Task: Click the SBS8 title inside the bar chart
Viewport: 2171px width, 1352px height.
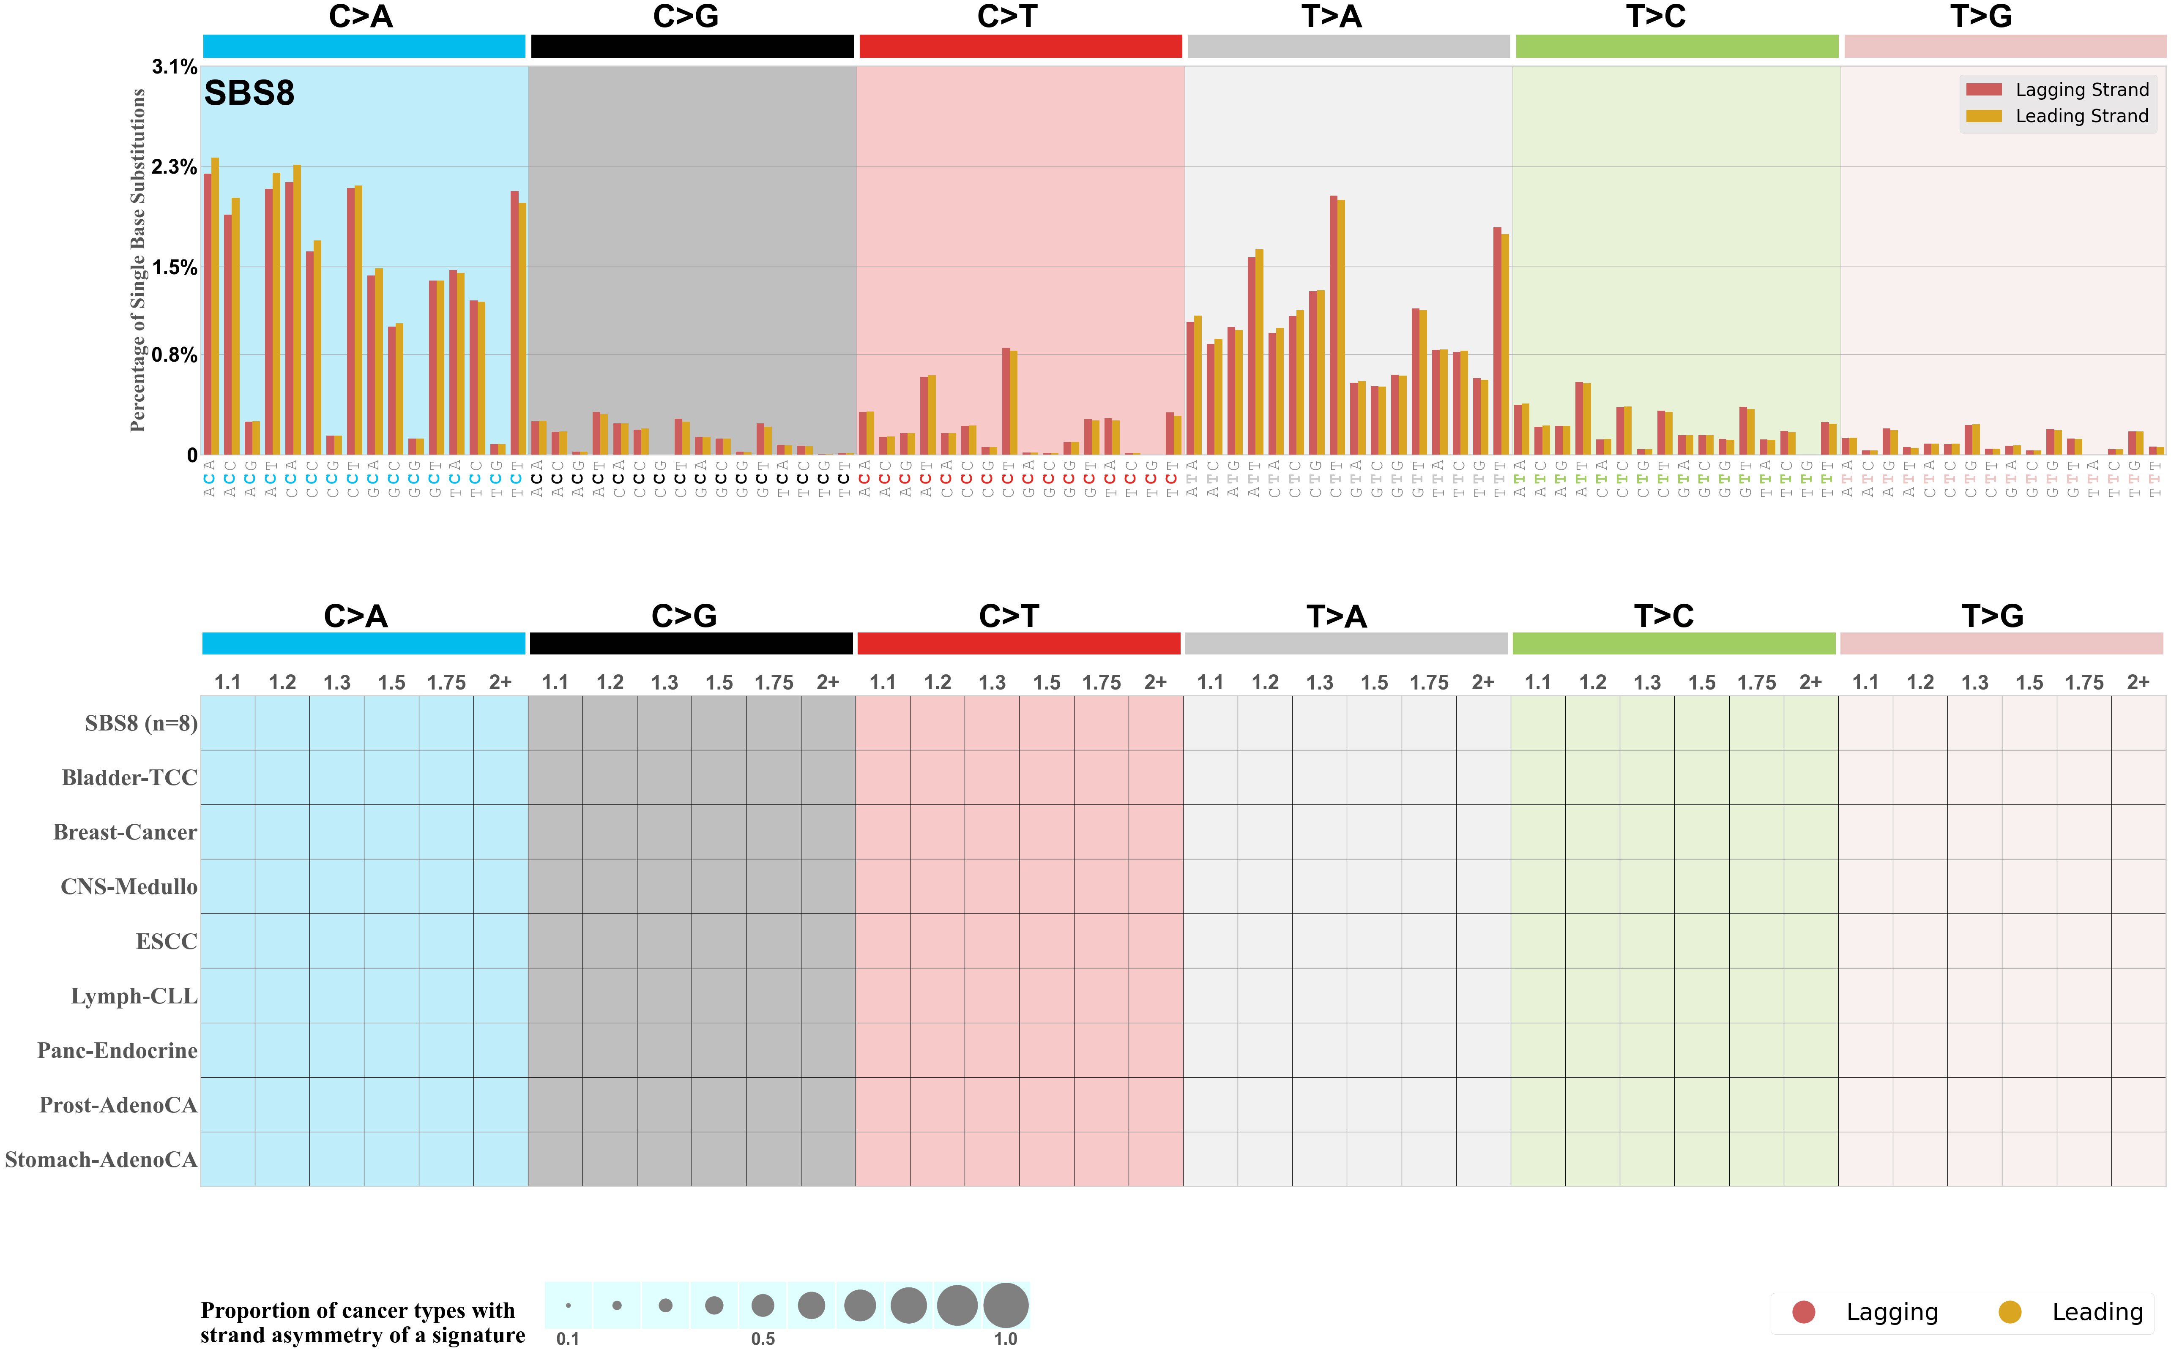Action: [249, 93]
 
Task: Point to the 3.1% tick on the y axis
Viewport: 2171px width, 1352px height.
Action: [175, 67]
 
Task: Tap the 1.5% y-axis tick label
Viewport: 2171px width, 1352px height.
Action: [175, 267]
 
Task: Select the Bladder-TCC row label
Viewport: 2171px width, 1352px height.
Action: [130, 778]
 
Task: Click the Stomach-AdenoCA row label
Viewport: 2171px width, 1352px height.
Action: [101, 1160]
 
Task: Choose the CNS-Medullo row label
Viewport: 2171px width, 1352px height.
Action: [129, 887]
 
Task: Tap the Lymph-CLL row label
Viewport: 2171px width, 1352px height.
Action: [134, 996]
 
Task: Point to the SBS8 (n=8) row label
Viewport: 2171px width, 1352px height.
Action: [141, 723]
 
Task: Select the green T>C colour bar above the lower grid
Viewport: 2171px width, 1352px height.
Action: [1673, 644]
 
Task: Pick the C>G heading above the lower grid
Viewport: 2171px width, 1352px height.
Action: [684, 616]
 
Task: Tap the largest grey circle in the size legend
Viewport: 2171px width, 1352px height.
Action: [1006, 1306]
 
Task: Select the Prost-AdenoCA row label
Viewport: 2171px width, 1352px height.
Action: [118, 1105]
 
